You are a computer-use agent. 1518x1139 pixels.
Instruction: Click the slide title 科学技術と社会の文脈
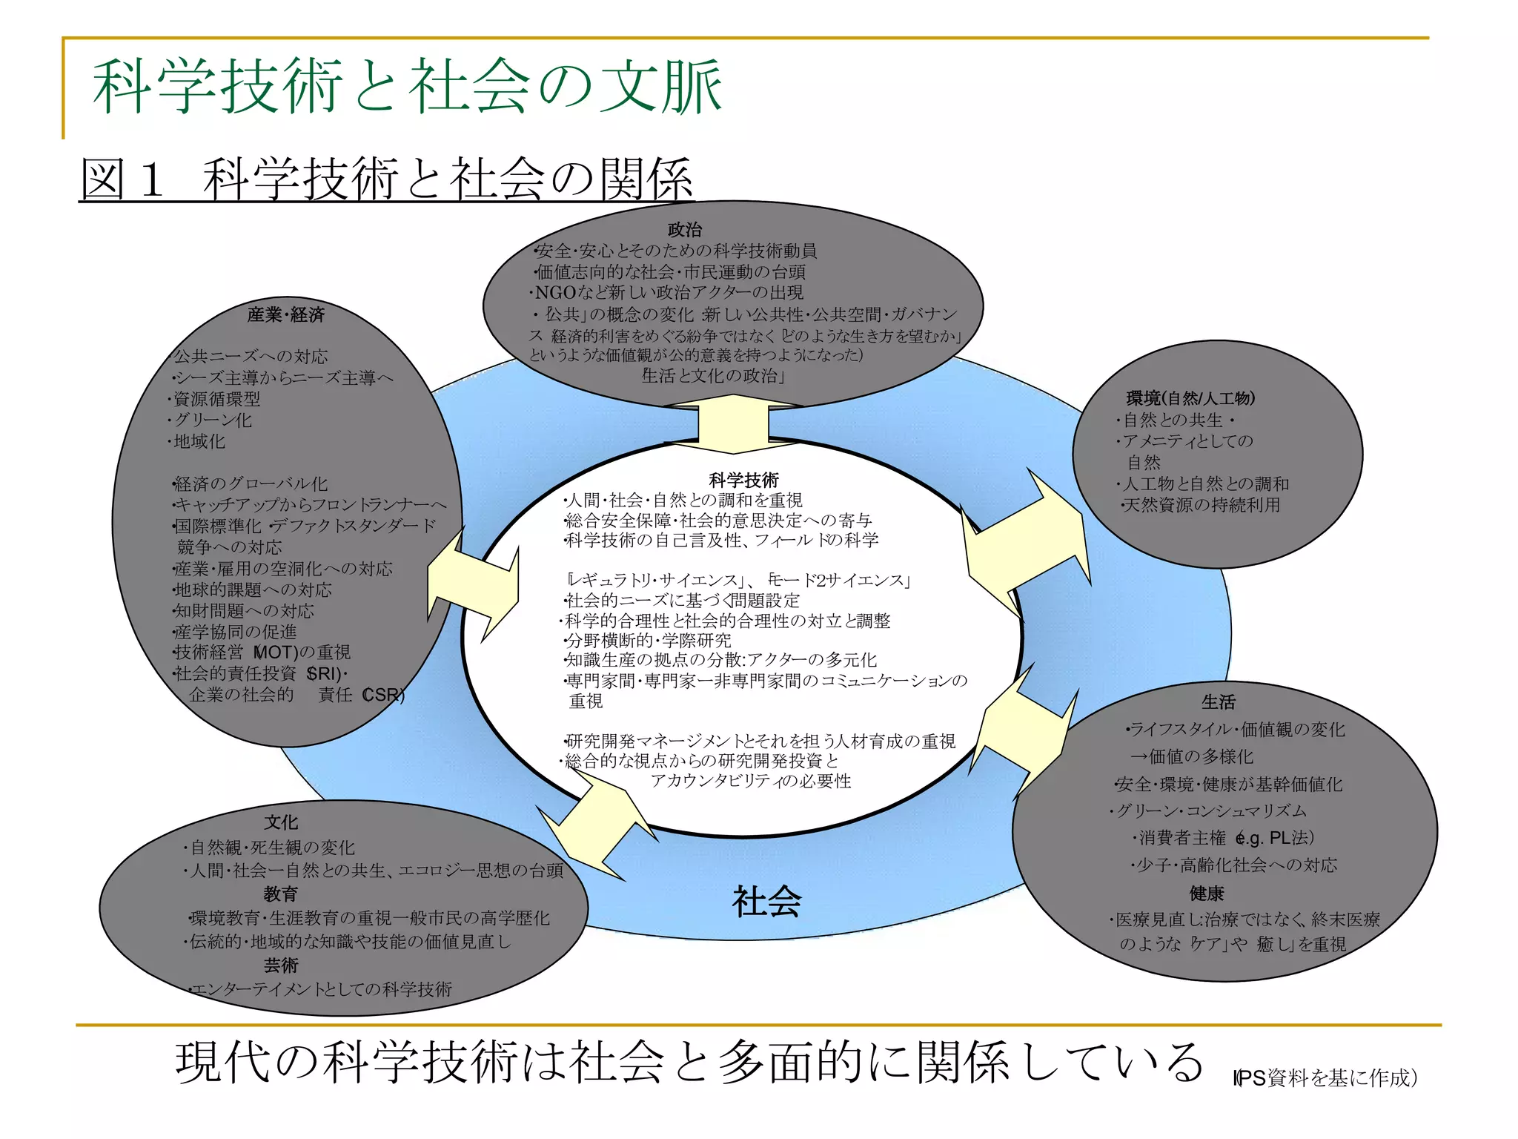click(407, 87)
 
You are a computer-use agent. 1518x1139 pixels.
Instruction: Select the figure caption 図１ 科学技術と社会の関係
click(386, 179)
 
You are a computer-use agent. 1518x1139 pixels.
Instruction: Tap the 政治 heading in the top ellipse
click(684, 230)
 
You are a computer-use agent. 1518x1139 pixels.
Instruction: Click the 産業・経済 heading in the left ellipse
click(286, 315)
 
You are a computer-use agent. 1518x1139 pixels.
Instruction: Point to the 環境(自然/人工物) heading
click(1190, 398)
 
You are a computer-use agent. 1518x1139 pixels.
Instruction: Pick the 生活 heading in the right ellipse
click(1219, 701)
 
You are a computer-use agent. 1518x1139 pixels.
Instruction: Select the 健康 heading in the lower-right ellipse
click(1207, 893)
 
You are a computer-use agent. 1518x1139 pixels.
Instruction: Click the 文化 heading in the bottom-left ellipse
click(281, 822)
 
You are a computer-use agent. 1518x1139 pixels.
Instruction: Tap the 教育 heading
click(281, 894)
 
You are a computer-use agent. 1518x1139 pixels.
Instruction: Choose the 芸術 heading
click(281, 965)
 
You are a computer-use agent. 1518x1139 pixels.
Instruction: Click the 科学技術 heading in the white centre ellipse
click(743, 480)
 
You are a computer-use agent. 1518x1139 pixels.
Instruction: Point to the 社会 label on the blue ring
click(766, 902)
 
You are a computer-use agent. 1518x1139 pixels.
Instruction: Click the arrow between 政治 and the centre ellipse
click(734, 424)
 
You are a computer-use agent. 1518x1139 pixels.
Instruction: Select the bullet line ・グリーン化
click(211, 420)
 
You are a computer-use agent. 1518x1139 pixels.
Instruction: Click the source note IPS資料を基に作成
click(1325, 1077)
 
